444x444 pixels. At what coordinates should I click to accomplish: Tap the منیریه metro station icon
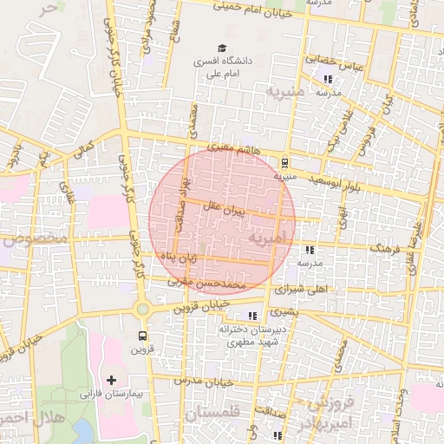pos(284,161)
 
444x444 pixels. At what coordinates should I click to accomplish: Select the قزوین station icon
pos(142,336)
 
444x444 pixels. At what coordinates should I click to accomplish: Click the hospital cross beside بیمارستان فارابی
pos(111,380)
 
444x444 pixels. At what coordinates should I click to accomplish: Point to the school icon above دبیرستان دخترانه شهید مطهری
pos(252,316)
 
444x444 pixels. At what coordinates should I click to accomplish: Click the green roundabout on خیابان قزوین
pos(142,309)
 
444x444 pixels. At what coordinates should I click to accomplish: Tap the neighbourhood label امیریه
pos(266,236)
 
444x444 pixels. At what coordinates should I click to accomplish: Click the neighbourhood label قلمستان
pos(212,415)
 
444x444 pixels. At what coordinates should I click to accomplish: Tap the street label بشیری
pos(284,310)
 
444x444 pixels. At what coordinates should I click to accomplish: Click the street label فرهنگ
pos(383,248)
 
